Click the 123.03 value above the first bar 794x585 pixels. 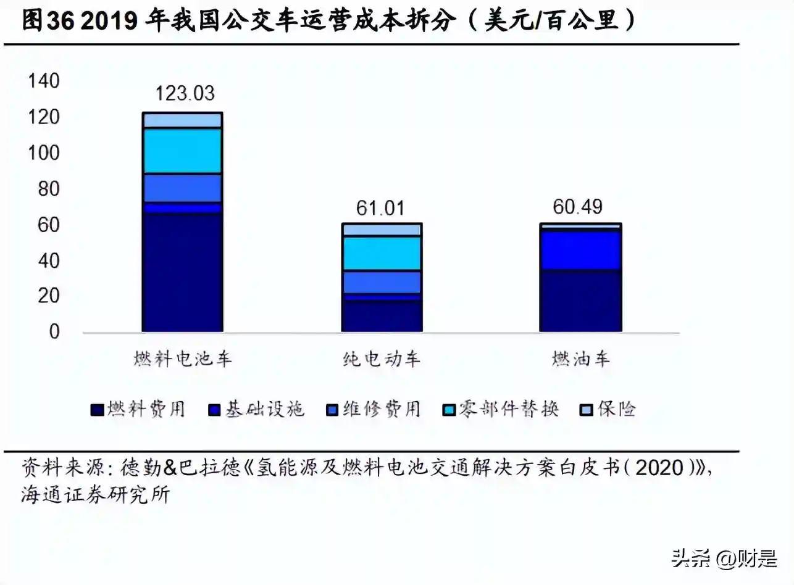coord(185,93)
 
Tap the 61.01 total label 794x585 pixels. coord(380,208)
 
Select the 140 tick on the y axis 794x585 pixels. coord(44,81)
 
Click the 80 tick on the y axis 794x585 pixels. coord(49,189)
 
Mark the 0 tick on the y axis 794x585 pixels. coord(54,331)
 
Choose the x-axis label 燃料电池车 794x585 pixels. coord(182,359)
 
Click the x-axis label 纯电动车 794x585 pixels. coord(382,359)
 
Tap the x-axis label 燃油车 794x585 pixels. coord(580,359)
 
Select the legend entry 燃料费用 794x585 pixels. coord(138,409)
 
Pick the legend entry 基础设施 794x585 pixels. coord(257,409)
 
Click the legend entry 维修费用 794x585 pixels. coord(374,409)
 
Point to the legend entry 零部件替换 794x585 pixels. coord(501,409)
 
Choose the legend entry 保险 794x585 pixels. coord(608,409)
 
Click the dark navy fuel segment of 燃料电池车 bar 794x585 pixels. coord(182,272)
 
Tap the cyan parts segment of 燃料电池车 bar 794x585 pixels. coord(182,151)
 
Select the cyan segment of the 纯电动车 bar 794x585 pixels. coord(382,253)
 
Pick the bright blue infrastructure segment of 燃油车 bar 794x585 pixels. coord(580,250)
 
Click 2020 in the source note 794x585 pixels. coord(660,468)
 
